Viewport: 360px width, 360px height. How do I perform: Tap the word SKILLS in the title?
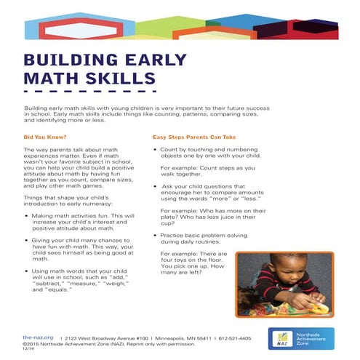(121, 77)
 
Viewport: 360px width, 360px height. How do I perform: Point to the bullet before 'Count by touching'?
(155, 148)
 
